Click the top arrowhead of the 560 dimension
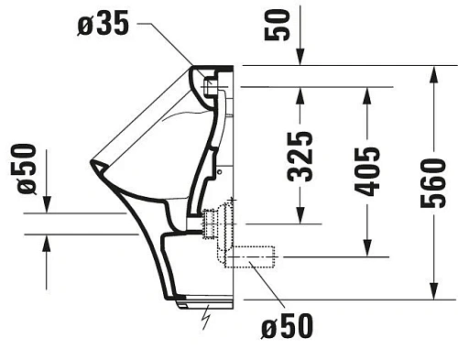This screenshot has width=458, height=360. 432,72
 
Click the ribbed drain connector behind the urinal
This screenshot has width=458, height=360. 216,223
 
